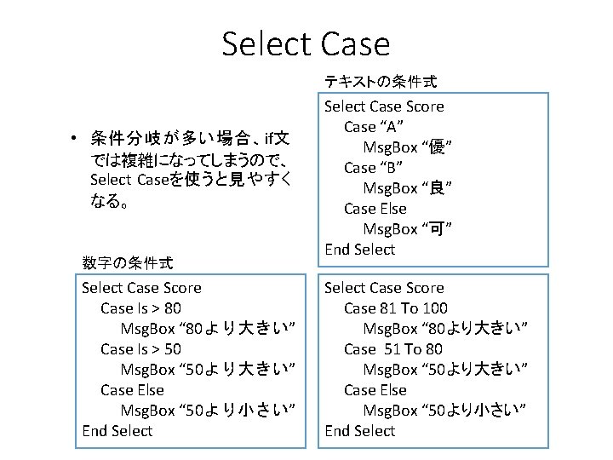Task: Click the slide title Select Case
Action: click(306, 43)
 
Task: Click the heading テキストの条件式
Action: click(381, 82)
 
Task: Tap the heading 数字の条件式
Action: click(128, 262)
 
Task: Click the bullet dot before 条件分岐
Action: click(75, 139)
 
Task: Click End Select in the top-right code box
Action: click(359, 250)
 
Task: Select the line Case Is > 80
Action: click(140, 308)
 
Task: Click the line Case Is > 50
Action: click(140, 349)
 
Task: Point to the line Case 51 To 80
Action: click(393, 349)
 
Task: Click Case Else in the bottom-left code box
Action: click(132, 390)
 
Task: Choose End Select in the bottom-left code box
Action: click(117, 431)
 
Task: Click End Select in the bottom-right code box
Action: click(359, 431)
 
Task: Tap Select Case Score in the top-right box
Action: click(384, 106)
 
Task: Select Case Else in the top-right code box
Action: click(375, 209)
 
